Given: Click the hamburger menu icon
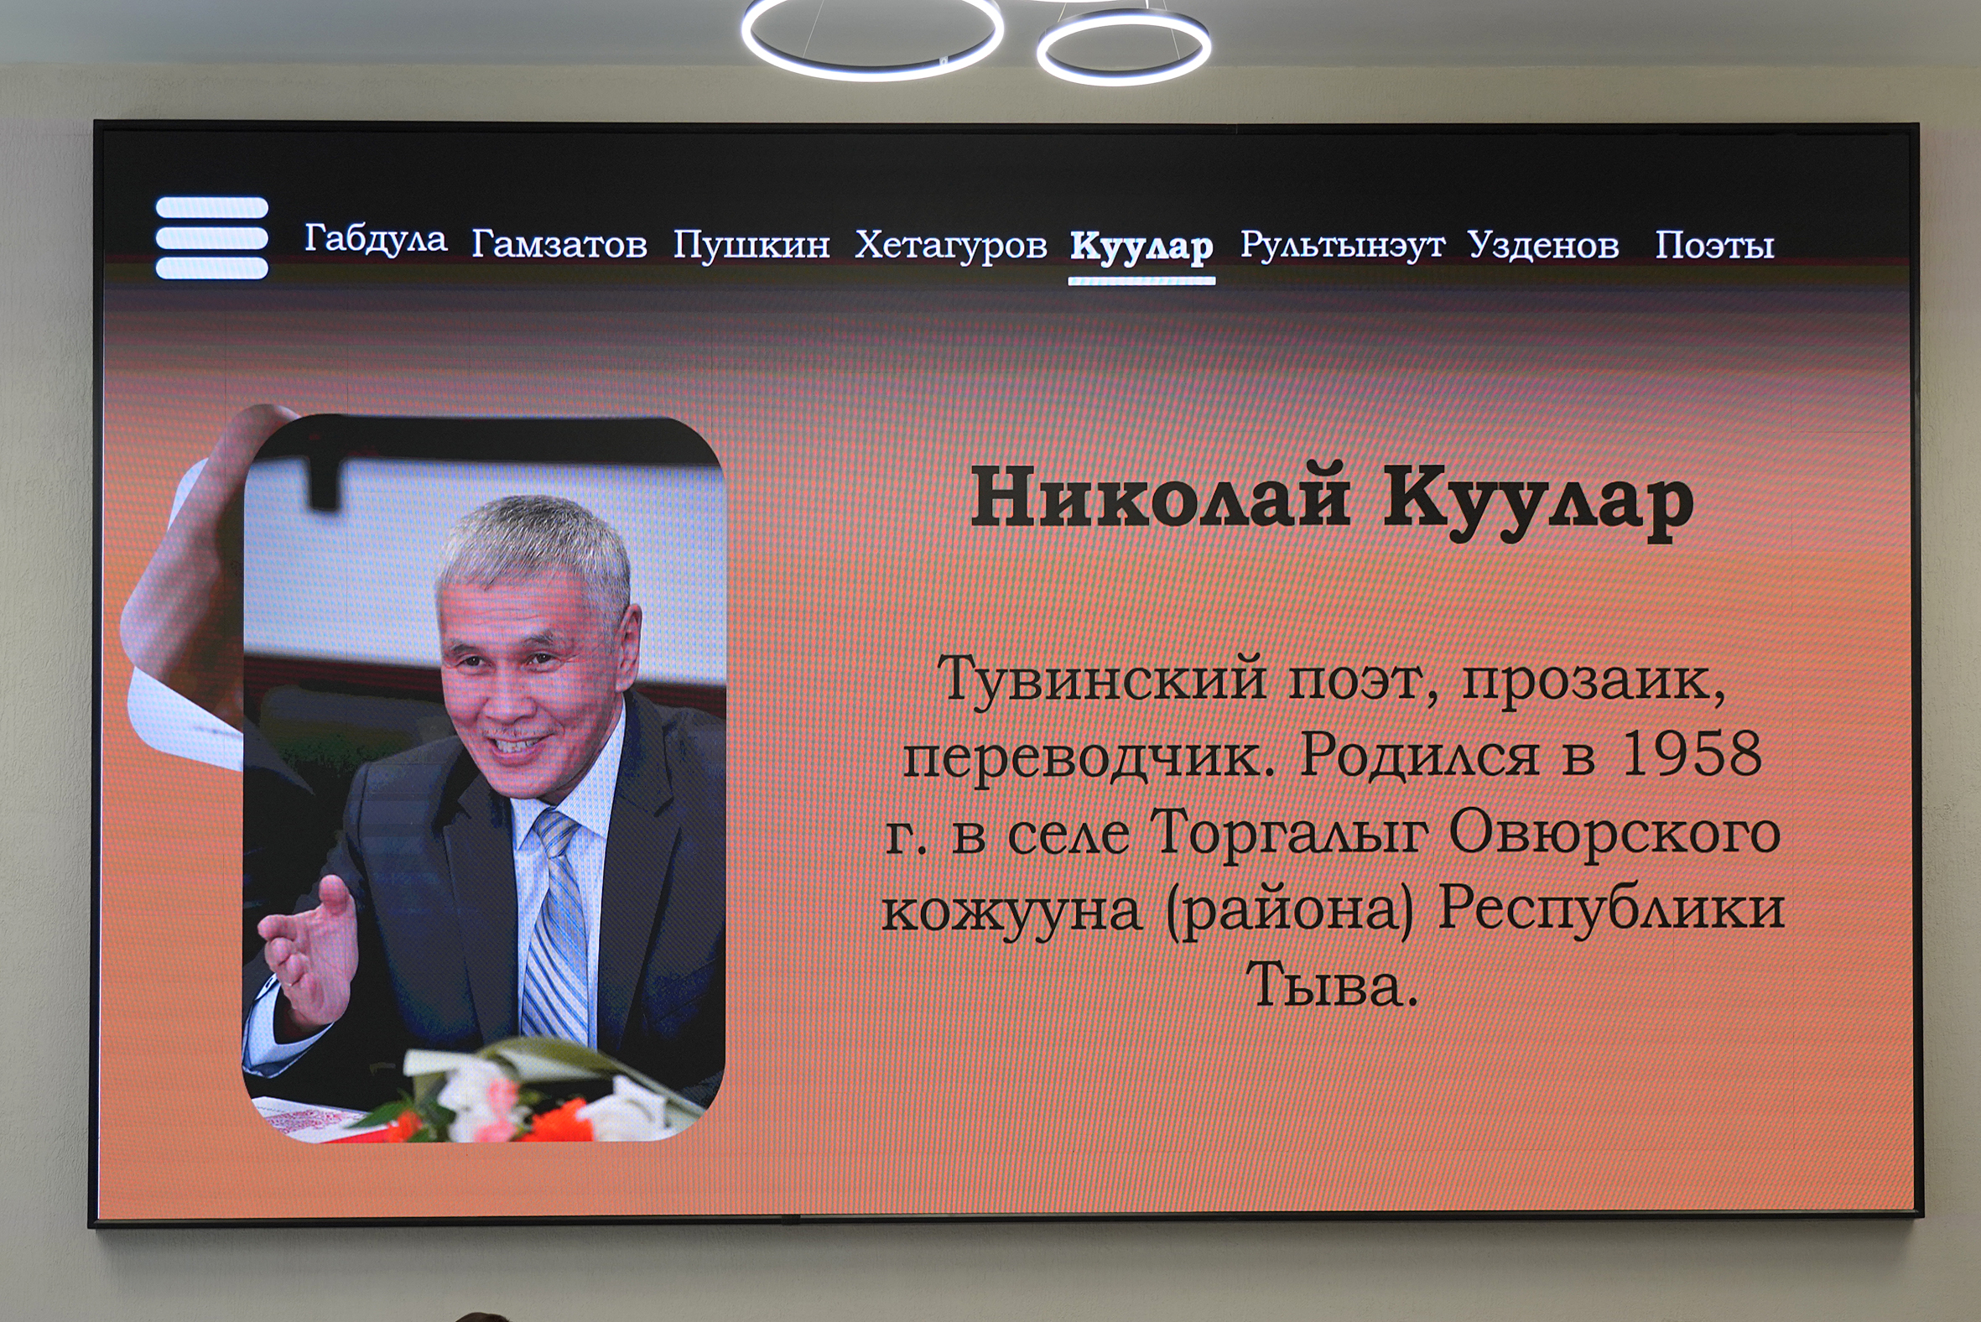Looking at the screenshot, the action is tap(211, 237).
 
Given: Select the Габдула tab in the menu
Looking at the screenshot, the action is tap(375, 238).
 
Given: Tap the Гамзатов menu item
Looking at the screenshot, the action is tap(559, 244).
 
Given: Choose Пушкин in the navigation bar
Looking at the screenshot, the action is tap(751, 245).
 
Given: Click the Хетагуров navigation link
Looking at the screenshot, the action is tap(951, 245).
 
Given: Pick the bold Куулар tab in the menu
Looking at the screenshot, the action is tap(1141, 247).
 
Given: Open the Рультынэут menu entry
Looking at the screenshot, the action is tap(1342, 245).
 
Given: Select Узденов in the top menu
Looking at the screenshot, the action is tap(1543, 245).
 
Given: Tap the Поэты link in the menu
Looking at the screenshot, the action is tap(1714, 245).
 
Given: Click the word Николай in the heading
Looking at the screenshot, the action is tap(1161, 497).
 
